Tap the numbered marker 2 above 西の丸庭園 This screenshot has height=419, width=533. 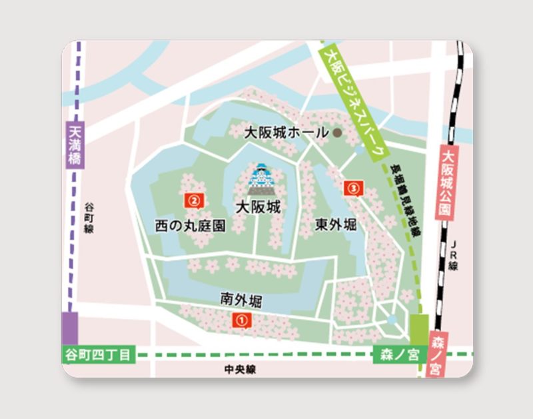[193, 199]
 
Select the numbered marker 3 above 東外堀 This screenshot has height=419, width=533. [352, 189]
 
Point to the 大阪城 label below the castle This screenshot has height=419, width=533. [258, 207]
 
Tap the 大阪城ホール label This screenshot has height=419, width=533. [287, 133]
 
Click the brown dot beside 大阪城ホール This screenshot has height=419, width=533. [337, 133]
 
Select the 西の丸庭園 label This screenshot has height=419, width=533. [191, 226]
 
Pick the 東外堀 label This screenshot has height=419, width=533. [336, 224]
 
